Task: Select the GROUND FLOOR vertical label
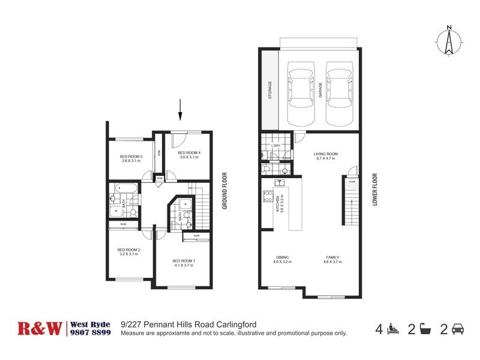[x=224, y=191]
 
